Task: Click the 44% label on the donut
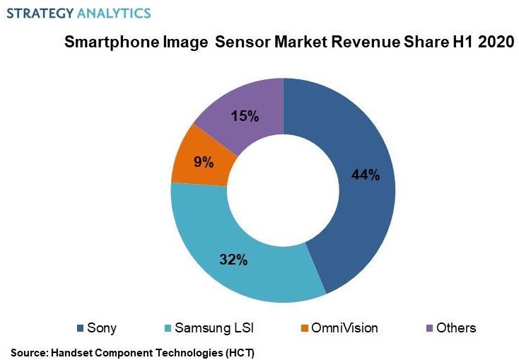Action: (366, 175)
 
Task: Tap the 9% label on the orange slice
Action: (204, 162)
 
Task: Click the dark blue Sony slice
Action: (354, 212)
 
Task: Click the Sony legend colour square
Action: (80, 328)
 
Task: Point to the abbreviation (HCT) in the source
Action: (238, 352)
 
